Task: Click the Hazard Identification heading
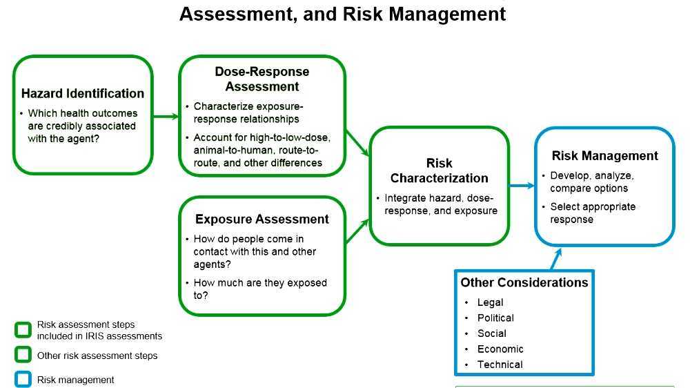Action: pyautogui.click(x=83, y=94)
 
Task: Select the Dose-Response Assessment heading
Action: pyautogui.click(x=262, y=79)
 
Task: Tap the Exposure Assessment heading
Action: pyautogui.click(x=262, y=220)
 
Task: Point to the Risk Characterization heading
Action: pyautogui.click(x=440, y=171)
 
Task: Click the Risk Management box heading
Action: pyautogui.click(x=605, y=156)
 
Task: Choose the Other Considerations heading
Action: pyautogui.click(x=524, y=282)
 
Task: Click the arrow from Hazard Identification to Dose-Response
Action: pyautogui.click(x=166, y=116)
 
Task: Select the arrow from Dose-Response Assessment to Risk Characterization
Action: pyautogui.click(x=357, y=143)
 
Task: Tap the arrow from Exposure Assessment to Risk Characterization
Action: pyautogui.click(x=357, y=231)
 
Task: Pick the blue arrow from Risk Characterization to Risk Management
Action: pyautogui.click(x=522, y=185)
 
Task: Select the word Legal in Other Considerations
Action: pyautogui.click(x=491, y=302)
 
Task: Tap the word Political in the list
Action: pyautogui.click(x=495, y=318)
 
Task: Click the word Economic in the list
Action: pyautogui.click(x=500, y=349)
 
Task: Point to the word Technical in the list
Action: pyautogui.click(x=500, y=365)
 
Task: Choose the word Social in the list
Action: pyautogui.click(x=492, y=333)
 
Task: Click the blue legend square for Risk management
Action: pyautogui.click(x=23, y=380)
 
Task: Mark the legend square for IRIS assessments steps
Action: pyautogui.click(x=23, y=330)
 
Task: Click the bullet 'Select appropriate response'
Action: pyautogui.click(x=593, y=213)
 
